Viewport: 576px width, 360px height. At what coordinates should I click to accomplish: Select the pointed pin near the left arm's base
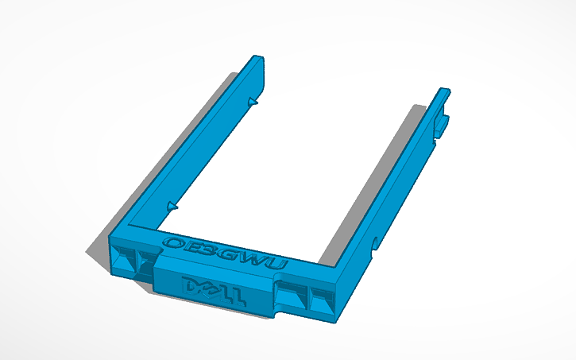click(172, 205)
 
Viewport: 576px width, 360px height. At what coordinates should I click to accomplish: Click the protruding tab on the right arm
click(442, 122)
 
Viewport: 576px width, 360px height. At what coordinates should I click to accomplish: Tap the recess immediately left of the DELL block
click(145, 263)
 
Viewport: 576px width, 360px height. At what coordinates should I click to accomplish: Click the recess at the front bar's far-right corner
click(322, 300)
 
